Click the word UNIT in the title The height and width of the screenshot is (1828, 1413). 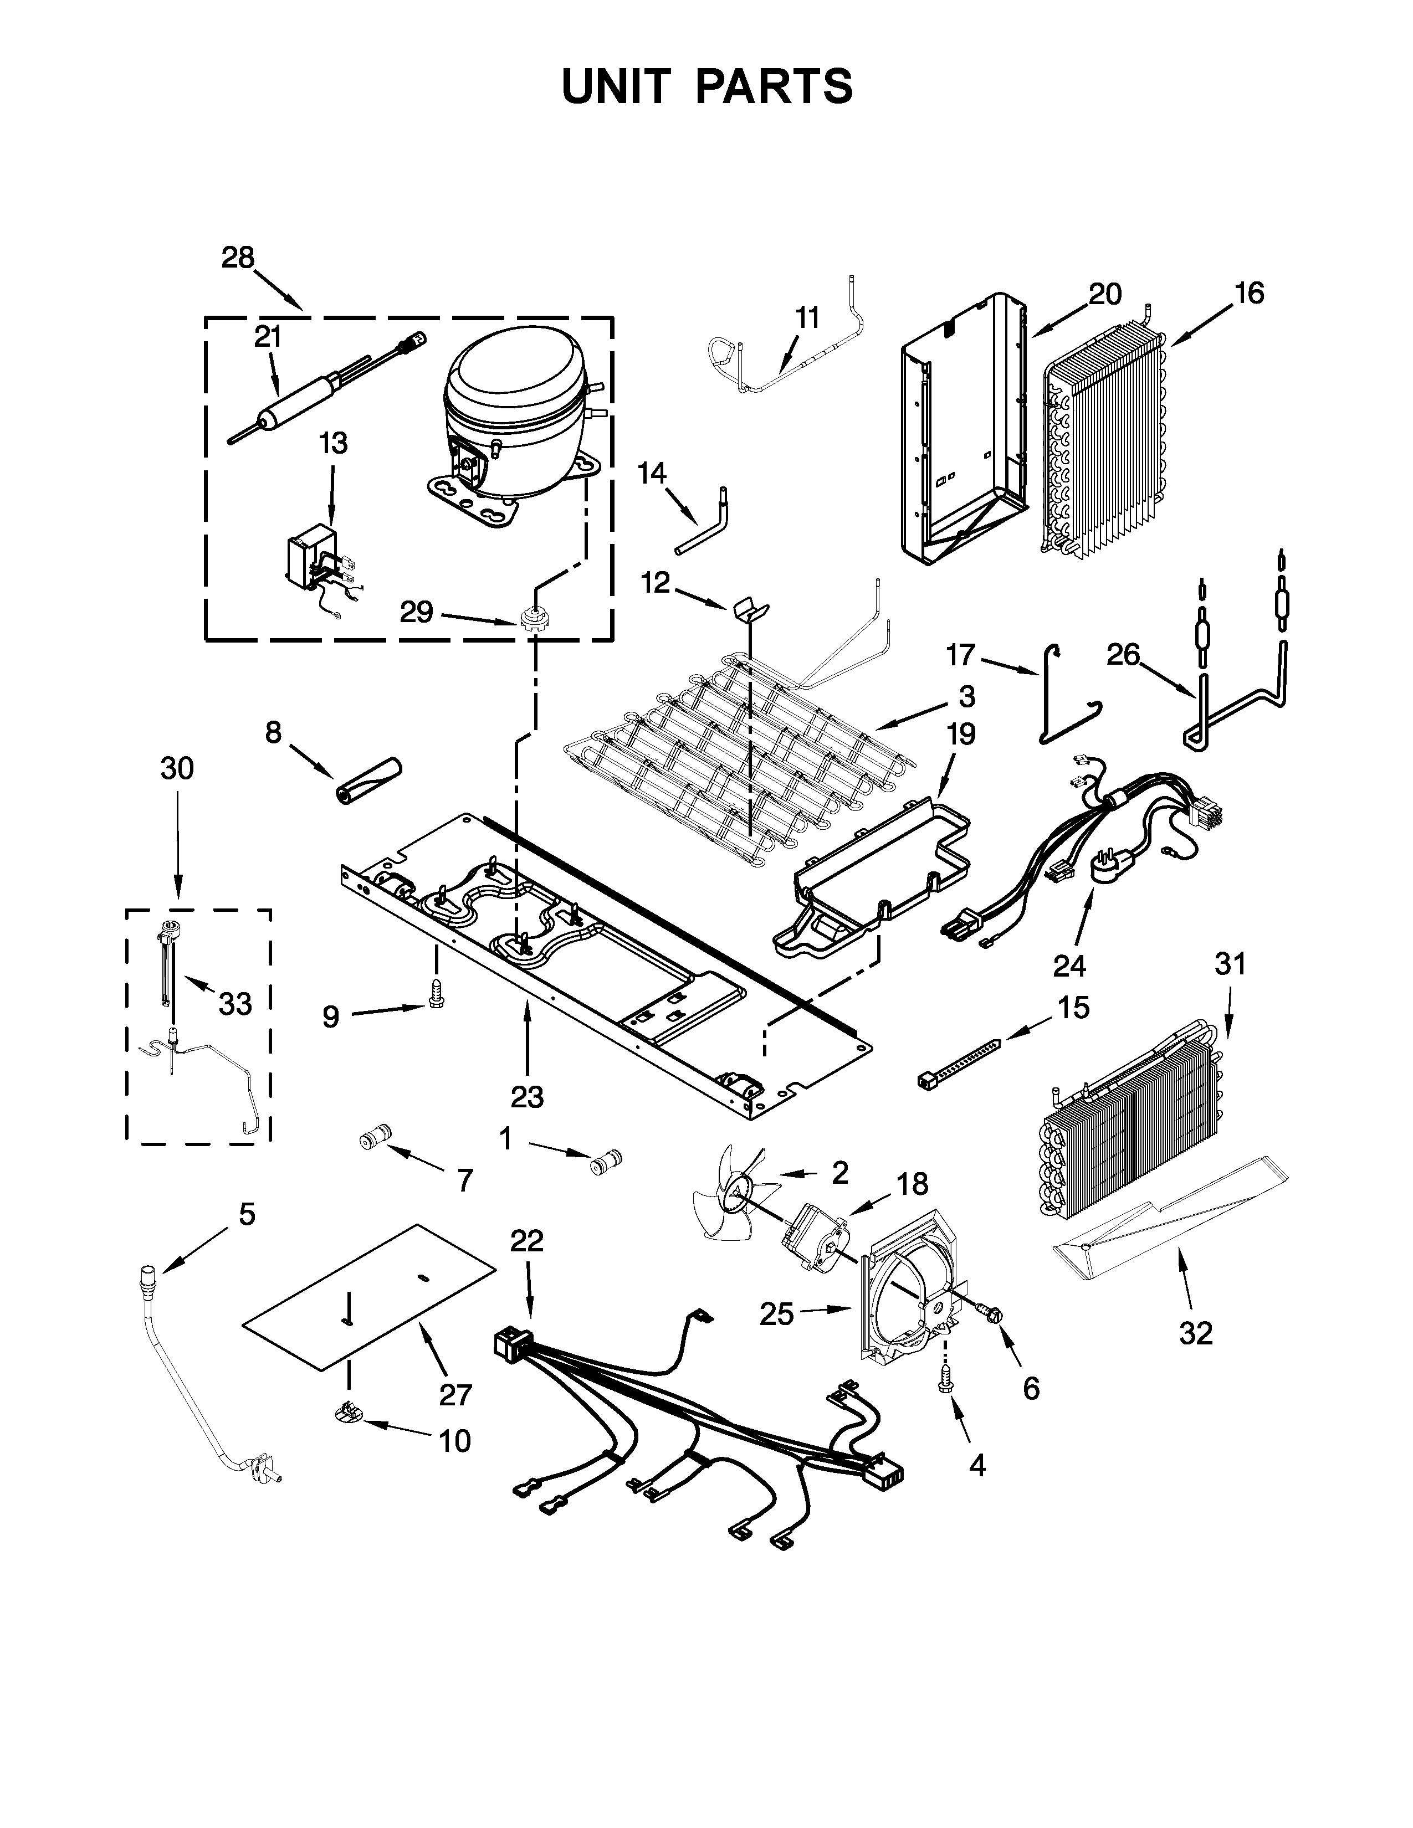click(617, 86)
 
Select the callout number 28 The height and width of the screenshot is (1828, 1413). click(238, 258)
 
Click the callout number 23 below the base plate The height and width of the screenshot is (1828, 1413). click(528, 1096)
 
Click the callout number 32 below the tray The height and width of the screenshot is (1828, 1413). click(1195, 1333)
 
